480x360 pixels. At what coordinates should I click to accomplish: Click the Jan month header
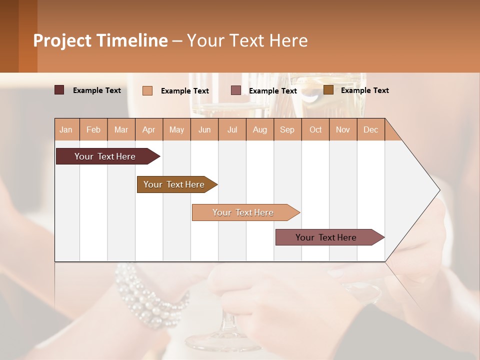tap(66, 130)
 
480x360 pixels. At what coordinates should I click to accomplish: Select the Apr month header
tap(148, 130)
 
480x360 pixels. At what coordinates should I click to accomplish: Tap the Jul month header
tap(232, 130)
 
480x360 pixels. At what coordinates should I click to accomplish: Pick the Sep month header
tap(287, 130)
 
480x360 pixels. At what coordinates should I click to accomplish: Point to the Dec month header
tap(370, 130)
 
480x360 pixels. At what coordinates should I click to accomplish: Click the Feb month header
tap(93, 130)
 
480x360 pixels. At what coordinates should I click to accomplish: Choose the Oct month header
tap(315, 130)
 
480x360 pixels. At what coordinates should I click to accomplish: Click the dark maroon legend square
tap(59, 90)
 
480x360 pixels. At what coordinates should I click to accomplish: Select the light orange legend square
tap(147, 90)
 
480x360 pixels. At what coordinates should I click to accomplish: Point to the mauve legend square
tap(236, 90)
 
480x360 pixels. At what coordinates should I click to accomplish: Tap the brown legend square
tap(328, 90)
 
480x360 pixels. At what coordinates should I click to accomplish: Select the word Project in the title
tap(62, 40)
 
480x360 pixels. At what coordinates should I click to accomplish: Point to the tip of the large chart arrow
tap(439, 190)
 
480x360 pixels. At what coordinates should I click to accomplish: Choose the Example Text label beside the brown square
tap(364, 90)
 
